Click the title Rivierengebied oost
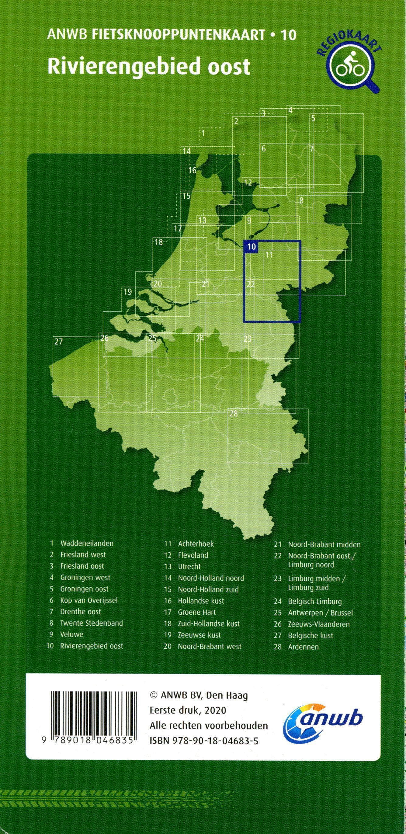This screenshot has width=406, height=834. tap(149, 66)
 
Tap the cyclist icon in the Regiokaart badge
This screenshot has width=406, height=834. tap(352, 64)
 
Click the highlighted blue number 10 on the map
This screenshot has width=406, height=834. tap(251, 247)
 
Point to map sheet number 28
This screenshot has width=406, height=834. tap(234, 413)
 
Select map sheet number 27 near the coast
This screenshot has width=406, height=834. tap(59, 342)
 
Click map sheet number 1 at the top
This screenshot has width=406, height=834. tap(203, 133)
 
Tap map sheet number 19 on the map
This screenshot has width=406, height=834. tap(128, 292)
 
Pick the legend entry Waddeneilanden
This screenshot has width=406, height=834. tap(87, 543)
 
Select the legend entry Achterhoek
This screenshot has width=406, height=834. tap(196, 544)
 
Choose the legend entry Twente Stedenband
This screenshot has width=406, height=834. tap(91, 623)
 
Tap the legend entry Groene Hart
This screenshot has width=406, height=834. tap(196, 612)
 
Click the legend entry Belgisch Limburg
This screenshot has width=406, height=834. tap(314, 601)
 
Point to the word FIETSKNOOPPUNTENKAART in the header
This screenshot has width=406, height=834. tap(179, 35)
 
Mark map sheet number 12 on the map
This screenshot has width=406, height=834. tap(248, 182)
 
